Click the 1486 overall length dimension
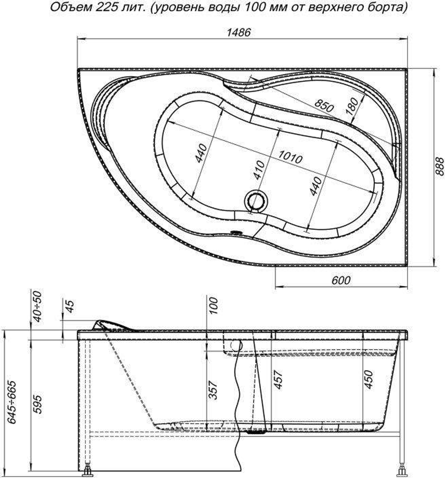[239, 32]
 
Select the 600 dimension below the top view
[341, 280]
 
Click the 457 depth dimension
[278, 380]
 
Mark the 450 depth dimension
[369, 380]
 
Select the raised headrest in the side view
[111, 325]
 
